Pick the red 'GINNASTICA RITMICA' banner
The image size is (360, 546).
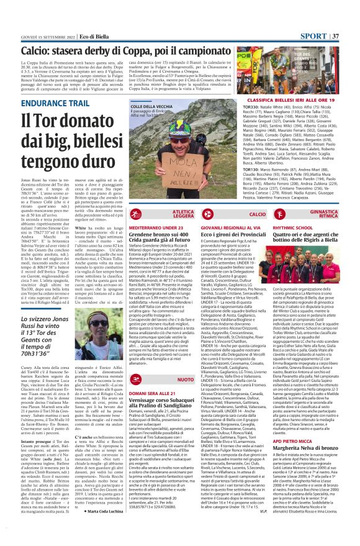[x=337, y=213]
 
